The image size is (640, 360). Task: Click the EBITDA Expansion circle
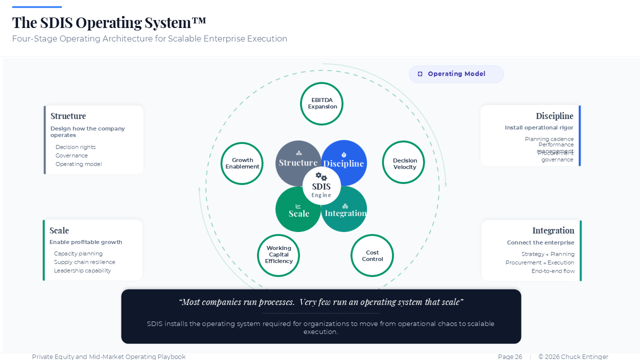point(321,103)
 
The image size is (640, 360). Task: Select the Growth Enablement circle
point(242,163)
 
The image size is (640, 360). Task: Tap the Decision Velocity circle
point(403,162)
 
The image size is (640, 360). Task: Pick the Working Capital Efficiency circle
point(278,255)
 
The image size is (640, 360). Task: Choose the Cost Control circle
point(372,255)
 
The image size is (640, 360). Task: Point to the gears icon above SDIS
point(321,176)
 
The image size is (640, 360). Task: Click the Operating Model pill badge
point(456,74)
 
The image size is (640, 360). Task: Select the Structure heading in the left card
point(68,116)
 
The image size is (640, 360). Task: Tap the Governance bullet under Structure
point(71,155)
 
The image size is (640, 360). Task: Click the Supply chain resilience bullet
point(84,262)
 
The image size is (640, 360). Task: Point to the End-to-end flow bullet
point(553,271)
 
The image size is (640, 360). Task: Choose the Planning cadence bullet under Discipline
point(549,139)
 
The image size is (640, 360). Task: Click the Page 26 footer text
point(510,356)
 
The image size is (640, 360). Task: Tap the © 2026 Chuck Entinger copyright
point(573,356)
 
